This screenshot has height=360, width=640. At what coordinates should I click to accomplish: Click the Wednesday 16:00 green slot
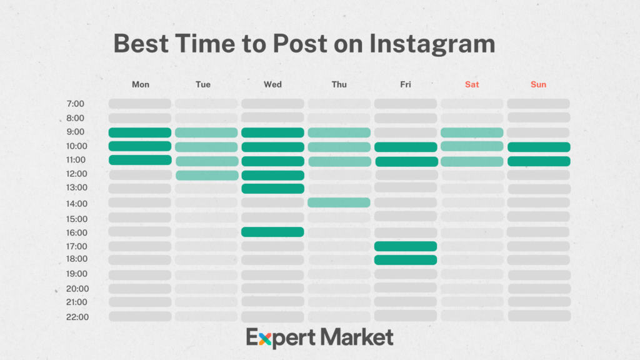[x=272, y=232]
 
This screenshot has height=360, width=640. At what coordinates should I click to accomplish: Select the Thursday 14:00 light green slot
[x=339, y=202]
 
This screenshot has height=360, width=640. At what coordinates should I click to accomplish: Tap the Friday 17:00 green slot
[x=406, y=246]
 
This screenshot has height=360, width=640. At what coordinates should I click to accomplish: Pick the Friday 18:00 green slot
[x=406, y=259]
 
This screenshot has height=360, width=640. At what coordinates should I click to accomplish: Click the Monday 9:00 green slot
[x=140, y=132]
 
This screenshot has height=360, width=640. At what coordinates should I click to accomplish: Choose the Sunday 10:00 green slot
[x=539, y=147]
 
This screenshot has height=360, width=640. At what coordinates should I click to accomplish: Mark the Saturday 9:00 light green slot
[x=472, y=132]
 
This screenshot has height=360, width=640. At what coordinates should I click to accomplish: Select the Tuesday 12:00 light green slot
[x=207, y=175]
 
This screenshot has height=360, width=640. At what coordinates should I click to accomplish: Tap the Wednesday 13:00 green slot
[x=272, y=189]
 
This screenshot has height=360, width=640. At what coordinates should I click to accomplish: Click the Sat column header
[x=472, y=84]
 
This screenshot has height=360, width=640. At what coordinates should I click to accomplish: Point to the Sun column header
[x=538, y=84]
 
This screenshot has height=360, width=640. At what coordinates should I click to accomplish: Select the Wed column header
[x=272, y=84]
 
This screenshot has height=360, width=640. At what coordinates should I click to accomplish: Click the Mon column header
[x=141, y=84]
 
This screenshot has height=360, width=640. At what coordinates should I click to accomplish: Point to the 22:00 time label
[x=77, y=317]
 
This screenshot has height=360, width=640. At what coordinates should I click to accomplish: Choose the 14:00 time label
[x=77, y=203]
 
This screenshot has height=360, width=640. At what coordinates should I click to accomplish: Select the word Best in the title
[x=142, y=44]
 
